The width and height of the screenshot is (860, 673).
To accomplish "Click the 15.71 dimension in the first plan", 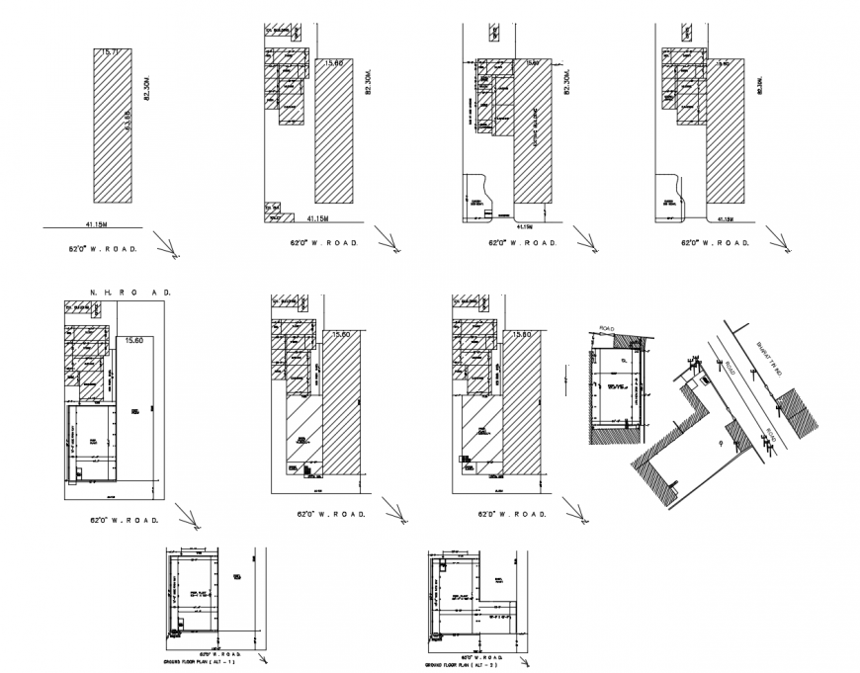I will pos(106,51).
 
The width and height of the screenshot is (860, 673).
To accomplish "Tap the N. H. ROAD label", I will pos(130,294).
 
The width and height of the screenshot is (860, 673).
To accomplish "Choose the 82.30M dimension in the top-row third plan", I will pos(566,82).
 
